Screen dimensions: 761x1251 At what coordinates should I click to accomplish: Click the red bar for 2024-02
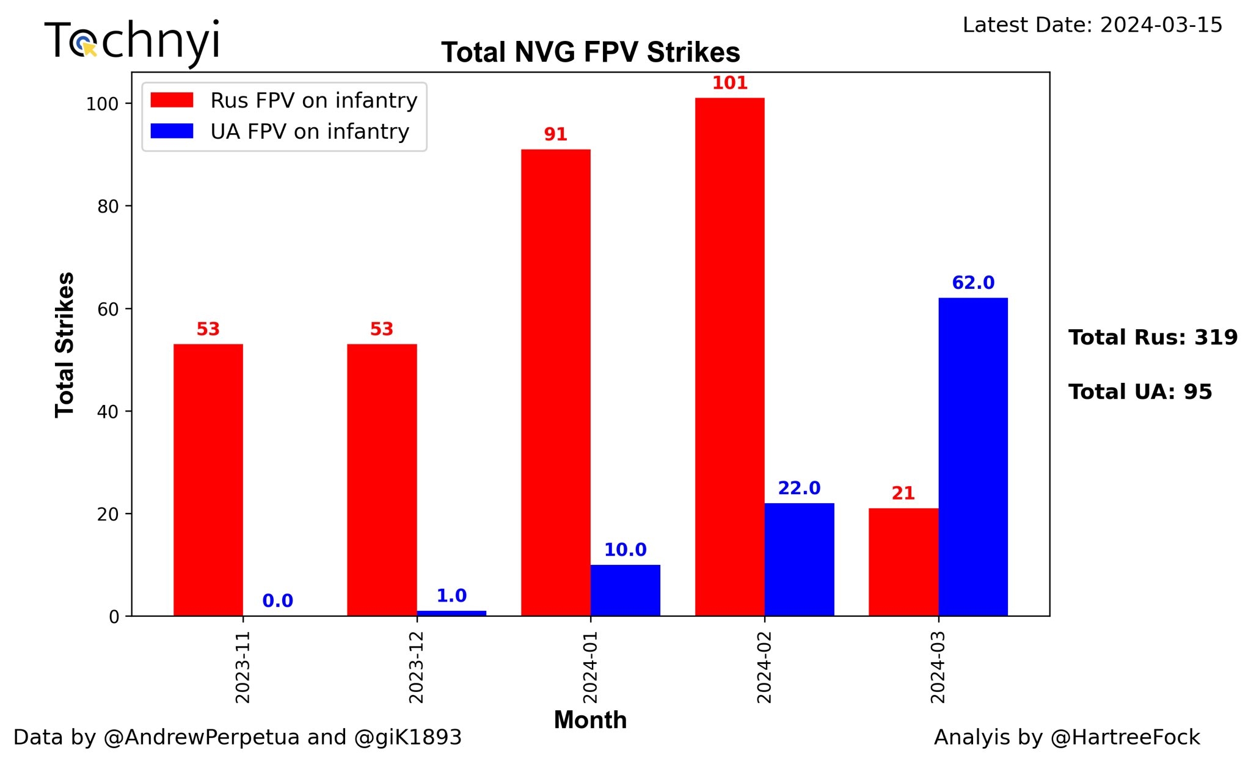coord(729,357)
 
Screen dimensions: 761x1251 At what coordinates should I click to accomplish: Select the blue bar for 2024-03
coord(972,457)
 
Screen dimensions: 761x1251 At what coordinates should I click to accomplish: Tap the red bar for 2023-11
coord(208,480)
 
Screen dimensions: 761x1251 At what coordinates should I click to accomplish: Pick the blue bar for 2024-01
coord(625,590)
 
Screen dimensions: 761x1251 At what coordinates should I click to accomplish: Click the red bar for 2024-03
coord(903,562)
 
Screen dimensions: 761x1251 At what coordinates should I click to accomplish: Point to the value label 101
coord(729,83)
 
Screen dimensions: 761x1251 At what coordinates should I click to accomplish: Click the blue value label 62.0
coord(973,283)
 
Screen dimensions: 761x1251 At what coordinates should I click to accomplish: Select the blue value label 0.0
coord(277,601)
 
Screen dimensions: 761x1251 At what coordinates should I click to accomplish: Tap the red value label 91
coord(555,134)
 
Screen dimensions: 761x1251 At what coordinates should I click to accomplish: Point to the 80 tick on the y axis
coord(108,206)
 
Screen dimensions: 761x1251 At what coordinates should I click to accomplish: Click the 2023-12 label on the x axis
coord(417,668)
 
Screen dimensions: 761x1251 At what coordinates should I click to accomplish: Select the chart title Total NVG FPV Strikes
coord(590,53)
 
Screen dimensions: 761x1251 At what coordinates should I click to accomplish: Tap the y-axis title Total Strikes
coord(65,345)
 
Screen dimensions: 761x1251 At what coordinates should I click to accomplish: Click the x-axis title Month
coord(590,720)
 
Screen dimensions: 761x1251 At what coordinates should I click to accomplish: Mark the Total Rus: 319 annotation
coord(1153,337)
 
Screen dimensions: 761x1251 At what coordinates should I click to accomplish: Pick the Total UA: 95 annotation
coord(1140,391)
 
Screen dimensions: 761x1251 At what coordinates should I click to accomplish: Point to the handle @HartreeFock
coord(1125,737)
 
